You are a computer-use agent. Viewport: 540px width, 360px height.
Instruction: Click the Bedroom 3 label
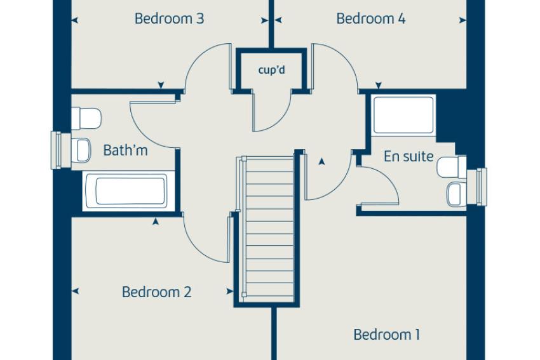pos(169,18)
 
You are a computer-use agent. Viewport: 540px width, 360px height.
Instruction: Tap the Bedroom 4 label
pos(371,18)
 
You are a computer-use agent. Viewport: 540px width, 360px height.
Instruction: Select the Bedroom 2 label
pos(156,292)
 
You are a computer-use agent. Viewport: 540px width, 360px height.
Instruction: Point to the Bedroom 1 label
pos(387,335)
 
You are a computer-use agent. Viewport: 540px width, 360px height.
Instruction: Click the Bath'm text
pos(125,150)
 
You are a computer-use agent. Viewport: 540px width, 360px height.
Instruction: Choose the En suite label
pos(408,157)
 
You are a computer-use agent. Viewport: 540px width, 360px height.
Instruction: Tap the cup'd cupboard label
pos(272,70)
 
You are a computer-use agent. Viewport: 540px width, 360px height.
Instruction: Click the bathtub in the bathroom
pos(130,191)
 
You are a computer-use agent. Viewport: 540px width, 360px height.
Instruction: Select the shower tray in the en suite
pos(403,115)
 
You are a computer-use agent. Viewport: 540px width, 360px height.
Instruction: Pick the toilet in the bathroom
pos(86,118)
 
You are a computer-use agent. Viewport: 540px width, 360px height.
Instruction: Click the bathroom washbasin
pos(81,150)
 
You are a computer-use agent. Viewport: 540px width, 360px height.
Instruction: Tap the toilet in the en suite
pos(452,167)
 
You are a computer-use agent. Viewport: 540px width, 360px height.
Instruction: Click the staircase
pos(268,229)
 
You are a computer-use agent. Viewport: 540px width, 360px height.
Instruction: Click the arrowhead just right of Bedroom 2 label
pos(230,291)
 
